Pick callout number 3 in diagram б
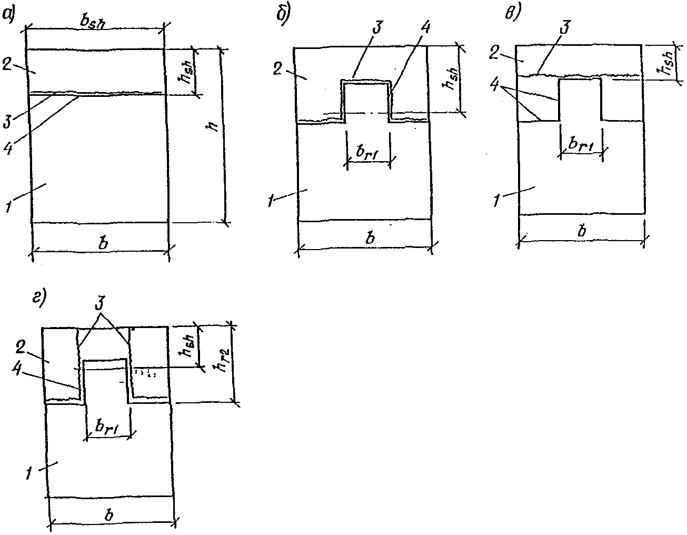376,28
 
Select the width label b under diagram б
370,237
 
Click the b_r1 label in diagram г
106,429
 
